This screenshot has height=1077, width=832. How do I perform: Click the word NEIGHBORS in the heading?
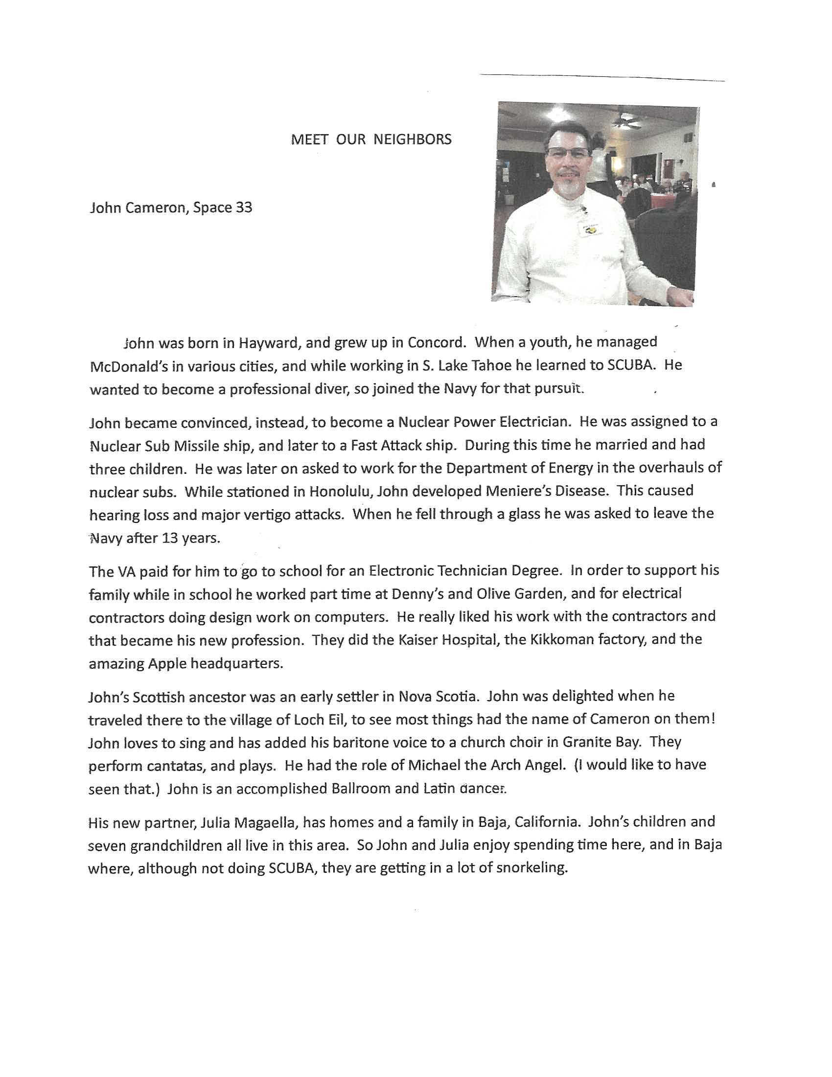pyautogui.click(x=412, y=140)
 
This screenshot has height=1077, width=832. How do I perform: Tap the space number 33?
pyautogui.click(x=244, y=208)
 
